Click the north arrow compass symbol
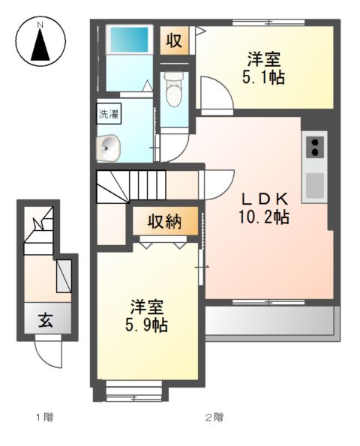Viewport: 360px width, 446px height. (40, 41)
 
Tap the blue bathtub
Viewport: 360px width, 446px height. (130, 40)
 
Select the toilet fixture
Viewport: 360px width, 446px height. (174, 89)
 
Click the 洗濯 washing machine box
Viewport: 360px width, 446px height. (109, 114)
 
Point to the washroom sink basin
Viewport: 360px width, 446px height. (108, 148)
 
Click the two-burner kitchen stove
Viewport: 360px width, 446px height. (315, 148)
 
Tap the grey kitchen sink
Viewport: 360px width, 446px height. (315, 186)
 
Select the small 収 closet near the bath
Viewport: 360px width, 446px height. (174, 40)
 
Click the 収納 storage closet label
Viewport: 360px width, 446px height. (165, 221)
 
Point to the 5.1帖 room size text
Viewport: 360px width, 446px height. (263, 77)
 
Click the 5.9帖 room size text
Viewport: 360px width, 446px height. (146, 325)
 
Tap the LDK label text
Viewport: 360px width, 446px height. (265, 199)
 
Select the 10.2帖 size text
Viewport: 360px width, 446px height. (264, 217)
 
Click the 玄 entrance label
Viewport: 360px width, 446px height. (46, 321)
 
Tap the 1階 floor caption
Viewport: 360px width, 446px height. (45, 418)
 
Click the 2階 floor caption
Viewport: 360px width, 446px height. (214, 418)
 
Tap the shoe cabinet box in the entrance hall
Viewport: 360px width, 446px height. (64, 276)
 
